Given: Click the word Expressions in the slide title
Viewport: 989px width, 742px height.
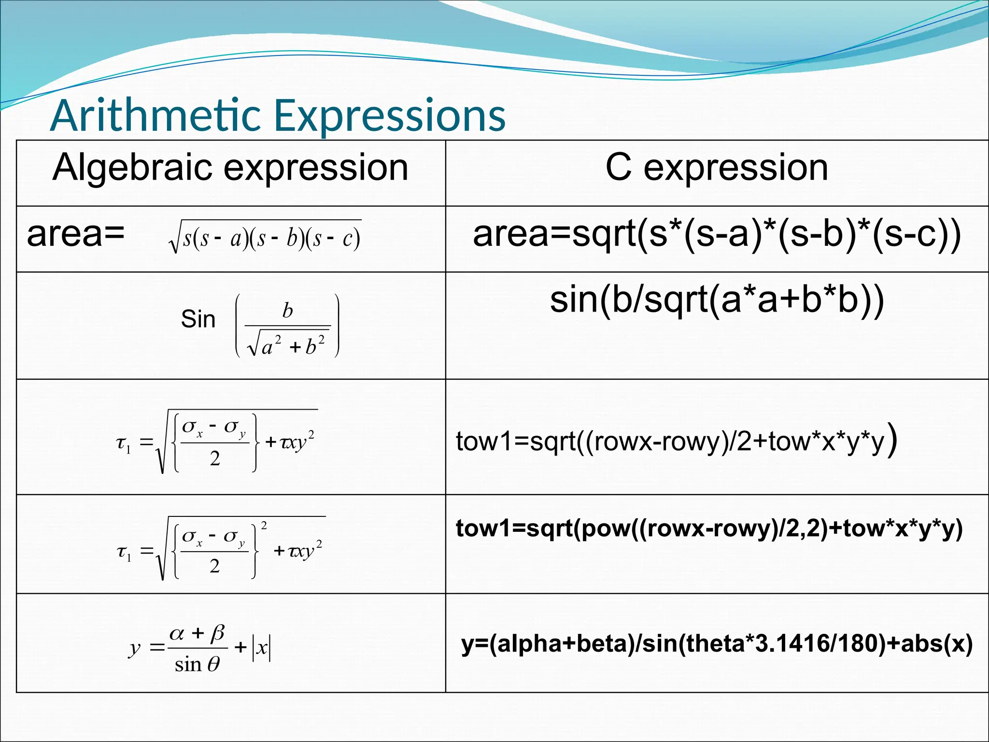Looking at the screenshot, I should pyautogui.click(x=390, y=116).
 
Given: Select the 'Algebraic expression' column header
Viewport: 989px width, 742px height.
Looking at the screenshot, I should pyautogui.click(x=230, y=168).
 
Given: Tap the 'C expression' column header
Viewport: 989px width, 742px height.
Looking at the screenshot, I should pyautogui.click(x=717, y=168).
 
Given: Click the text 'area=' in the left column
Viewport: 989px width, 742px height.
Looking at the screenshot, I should pyautogui.click(x=76, y=234).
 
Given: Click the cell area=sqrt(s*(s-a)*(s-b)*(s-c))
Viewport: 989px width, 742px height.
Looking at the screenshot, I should pyautogui.click(x=717, y=234).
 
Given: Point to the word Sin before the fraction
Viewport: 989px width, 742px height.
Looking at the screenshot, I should pyautogui.click(x=198, y=319).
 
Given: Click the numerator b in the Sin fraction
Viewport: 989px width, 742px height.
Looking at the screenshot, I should pyautogui.click(x=287, y=311).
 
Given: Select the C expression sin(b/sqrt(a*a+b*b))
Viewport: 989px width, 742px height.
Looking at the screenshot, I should pyautogui.click(x=717, y=300).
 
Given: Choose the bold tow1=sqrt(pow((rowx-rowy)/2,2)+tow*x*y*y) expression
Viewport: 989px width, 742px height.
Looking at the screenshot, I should pyautogui.click(x=709, y=528).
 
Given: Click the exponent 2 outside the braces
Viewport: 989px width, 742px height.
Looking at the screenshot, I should pyautogui.click(x=264, y=525).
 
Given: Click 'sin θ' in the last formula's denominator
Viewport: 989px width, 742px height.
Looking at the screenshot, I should pyautogui.click(x=197, y=665).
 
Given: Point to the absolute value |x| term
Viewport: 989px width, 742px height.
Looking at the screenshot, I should pyautogui.click(x=261, y=647).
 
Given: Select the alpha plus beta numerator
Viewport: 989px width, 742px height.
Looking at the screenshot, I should pyautogui.click(x=197, y=632).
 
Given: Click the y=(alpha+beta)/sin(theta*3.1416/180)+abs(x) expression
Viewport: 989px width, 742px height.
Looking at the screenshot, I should pyautogui.click(x=717, y=644).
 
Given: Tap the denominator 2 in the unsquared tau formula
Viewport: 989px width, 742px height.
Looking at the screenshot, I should pyautogui.click(x=215, y=458).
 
